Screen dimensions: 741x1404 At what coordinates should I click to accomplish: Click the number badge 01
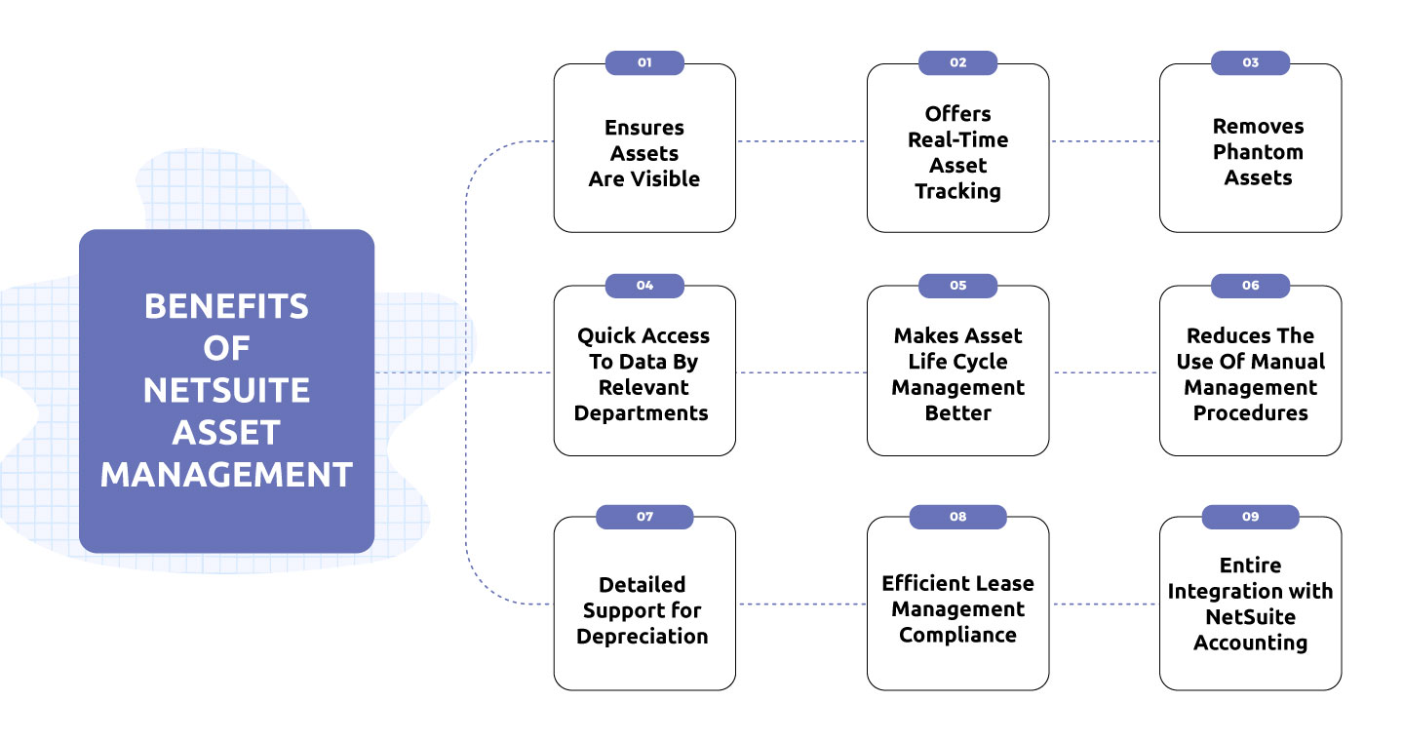pyautogui.click(x=644, y=62)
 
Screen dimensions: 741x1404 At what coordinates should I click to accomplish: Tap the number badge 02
pyautogui.click(x=957, y=62)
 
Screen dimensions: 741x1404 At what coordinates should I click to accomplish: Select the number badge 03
pyautogui.click(x=1250, y=62)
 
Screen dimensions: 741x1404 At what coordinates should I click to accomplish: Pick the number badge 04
pyautogui.click(x=644, y=286)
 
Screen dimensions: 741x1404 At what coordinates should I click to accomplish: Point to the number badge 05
pyautogui.click(x=957, y=286)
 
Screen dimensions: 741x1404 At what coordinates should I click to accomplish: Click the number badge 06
pyautogui.click(x=1250, y=286)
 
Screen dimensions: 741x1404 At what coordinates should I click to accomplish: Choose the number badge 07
pyautogui.click(x=644, y=517)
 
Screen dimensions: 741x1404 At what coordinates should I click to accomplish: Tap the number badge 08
pyautogui.click(x=957, y=517)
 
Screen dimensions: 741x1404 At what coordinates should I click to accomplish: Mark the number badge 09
pyautogui.click(x=1250, y=517)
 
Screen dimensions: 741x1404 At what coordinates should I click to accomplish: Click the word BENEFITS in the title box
pyautogui.click(x=226, y=306)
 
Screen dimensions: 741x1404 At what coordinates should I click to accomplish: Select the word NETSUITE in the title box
pyautogui.click(x=226, y=390)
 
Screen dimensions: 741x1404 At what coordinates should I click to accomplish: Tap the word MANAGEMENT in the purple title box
pyautogui.click(x=226, y=475)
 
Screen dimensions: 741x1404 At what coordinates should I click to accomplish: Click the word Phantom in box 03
pyautogui.click(x=1258, y=152)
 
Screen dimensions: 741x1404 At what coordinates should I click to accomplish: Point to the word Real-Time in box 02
pyautogui.click(x=957, y=139)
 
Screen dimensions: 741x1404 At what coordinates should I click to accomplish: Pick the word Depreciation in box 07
pyautogui.click(x=643, y=637)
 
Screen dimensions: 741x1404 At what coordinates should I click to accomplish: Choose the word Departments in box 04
pyautogui.click(x=642, y=412)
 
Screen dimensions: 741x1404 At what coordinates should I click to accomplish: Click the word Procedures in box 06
pyautogui.click(x=1250, y=412)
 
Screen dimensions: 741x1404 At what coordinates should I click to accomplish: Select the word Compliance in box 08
pyautogui.click(x=957, y=635)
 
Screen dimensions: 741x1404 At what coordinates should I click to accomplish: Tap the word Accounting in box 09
pyautogui.click(x=1250, y=643)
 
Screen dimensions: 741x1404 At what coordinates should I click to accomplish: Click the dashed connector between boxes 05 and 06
pyautogui.click(x=1105, y=372)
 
